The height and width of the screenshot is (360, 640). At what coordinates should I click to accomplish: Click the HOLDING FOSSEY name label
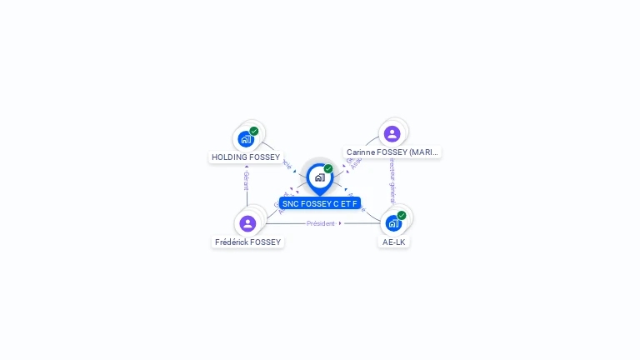tap(246, 157)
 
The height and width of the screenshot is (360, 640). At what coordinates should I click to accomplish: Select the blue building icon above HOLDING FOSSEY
tap(245, 139)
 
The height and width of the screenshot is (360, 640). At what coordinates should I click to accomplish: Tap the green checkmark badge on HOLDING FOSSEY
tap(254, 131)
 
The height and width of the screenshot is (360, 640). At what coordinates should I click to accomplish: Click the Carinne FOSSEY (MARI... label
tap(392, 152)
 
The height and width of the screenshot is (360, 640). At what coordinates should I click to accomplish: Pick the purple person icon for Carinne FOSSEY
tap(392, 133)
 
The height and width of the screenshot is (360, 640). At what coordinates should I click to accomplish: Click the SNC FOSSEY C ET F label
tap(319, 203)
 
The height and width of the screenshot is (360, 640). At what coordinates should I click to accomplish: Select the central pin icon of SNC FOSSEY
tap(319, 177)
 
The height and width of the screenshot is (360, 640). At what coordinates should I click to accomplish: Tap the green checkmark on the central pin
tap(328, 169)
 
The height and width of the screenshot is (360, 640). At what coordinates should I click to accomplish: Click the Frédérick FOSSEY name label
tap(248, 242)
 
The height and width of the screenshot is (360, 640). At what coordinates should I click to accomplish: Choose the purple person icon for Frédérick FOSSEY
tap(247, 223)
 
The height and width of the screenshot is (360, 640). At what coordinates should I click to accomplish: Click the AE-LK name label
tap(394, 242)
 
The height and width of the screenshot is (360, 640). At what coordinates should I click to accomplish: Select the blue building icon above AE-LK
tap(393, 223)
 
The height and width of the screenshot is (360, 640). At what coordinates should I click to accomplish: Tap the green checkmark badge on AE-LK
tap(402, 215)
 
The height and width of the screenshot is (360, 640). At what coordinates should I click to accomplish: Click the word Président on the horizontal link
tap(321, 223)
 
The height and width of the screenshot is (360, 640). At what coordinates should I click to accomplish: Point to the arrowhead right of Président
tap(341, 223)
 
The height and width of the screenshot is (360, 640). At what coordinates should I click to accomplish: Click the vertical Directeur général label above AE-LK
tap(392, 184)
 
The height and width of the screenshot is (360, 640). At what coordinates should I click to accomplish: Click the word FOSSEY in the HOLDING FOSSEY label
tap(264, 157)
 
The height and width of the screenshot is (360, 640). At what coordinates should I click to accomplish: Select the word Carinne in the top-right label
tap(362, 152)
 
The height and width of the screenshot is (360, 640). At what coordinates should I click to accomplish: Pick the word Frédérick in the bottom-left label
tap(232, 242)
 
